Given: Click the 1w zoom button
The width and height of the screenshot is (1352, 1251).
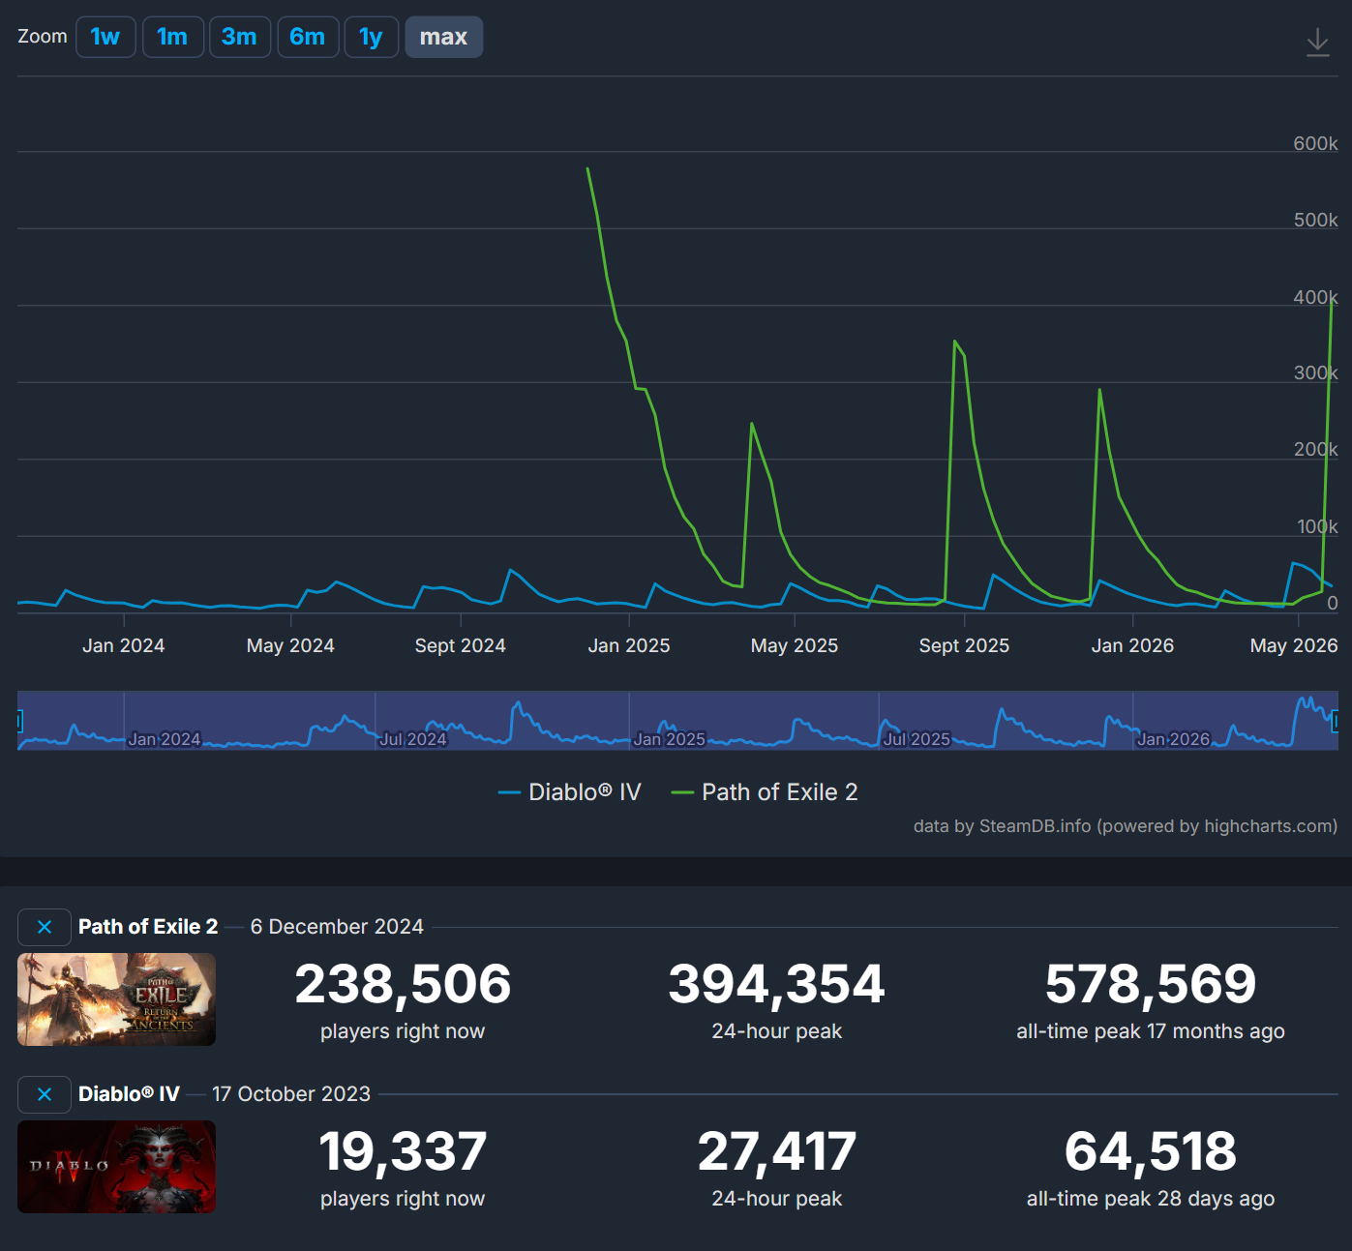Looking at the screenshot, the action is click(x=105, y=37).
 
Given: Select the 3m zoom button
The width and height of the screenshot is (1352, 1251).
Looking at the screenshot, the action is click(x=240, y=37).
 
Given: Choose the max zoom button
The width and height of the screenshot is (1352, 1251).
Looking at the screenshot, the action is click(x=444, y=37).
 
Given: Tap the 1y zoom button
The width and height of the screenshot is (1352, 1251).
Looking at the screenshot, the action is click(x=371, y=37).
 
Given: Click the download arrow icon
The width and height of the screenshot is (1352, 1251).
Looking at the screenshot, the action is click(x=1317, y=43).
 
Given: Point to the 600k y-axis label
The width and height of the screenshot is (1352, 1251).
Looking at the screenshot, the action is click(x=1315, y=143).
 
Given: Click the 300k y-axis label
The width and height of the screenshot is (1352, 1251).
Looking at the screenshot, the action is click(x=1315, y=373).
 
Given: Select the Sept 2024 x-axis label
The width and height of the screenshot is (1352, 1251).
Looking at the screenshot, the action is click(x=461, y=645).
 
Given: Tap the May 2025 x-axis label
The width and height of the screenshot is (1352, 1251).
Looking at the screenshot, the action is click(x=795, y=645).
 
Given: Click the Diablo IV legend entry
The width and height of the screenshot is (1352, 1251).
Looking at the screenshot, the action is click(x=570, y=792).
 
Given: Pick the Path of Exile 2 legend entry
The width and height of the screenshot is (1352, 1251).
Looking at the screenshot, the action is click(x=765, y=792).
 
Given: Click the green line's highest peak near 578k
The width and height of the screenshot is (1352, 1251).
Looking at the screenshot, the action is click(x=587, y=168).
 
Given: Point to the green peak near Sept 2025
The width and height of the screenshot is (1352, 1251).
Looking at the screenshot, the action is click(x=955, y=341).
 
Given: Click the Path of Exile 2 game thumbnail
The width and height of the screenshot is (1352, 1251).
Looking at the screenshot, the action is click(x=116, y=999).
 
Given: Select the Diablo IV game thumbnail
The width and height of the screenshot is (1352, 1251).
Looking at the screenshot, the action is click(x=116, y=1167).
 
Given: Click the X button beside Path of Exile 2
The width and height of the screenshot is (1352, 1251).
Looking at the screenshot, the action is click(x=45, y=927).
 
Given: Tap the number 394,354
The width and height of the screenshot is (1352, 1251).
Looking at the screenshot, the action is click(x=777, y=984).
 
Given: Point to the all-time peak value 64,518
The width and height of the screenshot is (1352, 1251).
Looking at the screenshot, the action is click(x=1151, y=1151).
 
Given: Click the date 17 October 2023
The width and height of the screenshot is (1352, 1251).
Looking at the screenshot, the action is click(x=291, y=1093).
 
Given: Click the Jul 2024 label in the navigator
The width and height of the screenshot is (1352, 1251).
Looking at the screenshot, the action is click(x=412, y=739).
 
